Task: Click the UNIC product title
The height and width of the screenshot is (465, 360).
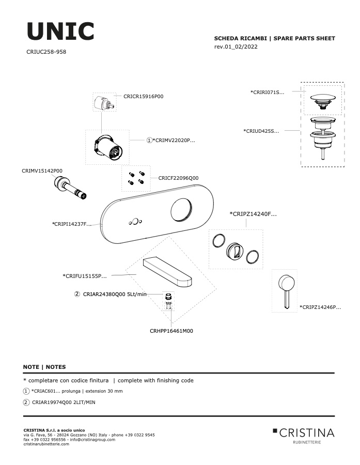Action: pos(60,31)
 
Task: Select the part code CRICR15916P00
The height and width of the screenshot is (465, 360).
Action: pos(143,97)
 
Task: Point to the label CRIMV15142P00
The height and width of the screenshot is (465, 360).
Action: pos(42,171)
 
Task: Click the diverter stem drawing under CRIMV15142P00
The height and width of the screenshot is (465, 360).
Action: pos(70,188)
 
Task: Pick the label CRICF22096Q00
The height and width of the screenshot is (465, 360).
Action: pos(178,178)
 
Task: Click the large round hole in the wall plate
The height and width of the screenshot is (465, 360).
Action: pos(181,210)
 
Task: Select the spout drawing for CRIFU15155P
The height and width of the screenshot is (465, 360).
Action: pos(167,272)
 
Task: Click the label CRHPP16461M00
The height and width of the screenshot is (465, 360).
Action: pos(171,331)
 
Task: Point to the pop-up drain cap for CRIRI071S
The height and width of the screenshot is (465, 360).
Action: pos(323,101)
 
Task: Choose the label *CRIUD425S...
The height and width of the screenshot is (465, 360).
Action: pos(261,131)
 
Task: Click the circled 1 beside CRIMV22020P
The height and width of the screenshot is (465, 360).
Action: pos(149,140)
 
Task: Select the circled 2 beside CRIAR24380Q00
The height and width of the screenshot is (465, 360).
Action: pos(77,294)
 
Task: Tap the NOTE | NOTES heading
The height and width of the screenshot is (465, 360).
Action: pos(44,367)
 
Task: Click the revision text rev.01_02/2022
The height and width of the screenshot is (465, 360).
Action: pos(236,47)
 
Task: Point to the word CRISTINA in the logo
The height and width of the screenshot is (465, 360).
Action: pos(307,433)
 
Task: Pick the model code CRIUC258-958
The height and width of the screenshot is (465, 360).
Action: pos(46,52)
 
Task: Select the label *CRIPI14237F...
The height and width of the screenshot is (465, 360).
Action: pos(71,224)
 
